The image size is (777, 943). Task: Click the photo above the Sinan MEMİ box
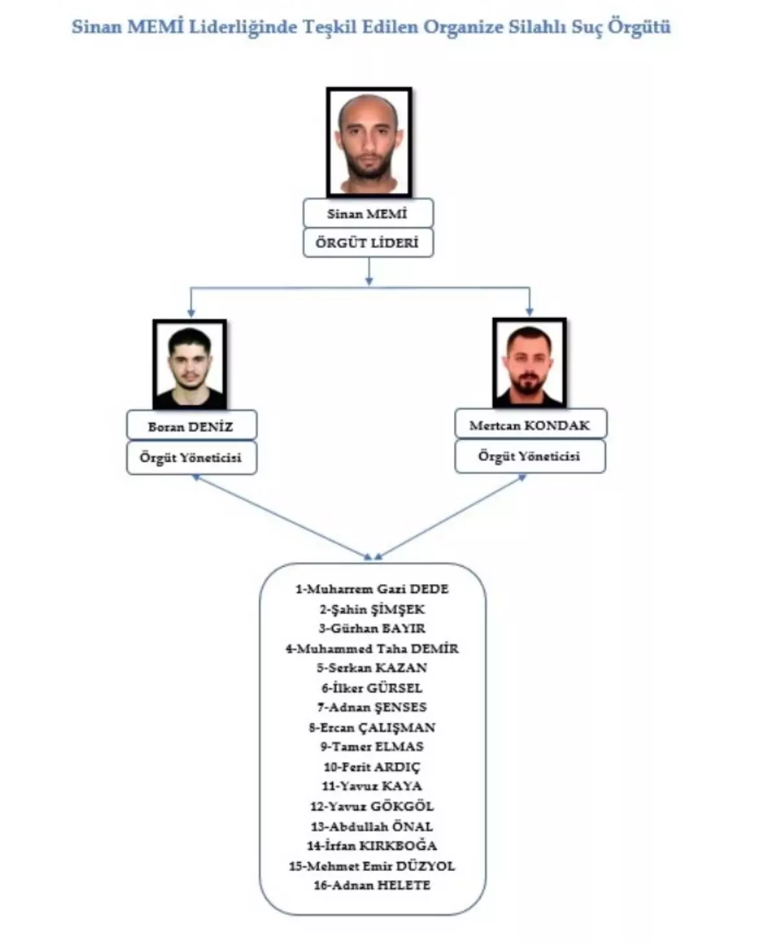(x=369, y=142)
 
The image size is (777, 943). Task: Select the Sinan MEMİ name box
(x=368, y=213)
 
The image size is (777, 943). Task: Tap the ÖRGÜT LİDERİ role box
(x=368, y=244)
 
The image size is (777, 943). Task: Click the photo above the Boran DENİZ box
(x=190, y=364)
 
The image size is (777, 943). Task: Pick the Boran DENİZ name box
(x=192, y=426)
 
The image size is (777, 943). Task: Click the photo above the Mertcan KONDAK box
(x=529, y=363)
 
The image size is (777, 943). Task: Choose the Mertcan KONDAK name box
(x=530, y=425)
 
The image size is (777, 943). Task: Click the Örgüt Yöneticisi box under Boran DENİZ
(x=192, y=457)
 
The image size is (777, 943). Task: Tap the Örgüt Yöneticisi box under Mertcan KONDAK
(x=530, y=456)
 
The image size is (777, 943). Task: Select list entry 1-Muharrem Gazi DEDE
(x=372, y=589)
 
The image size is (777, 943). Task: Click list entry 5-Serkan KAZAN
(x=372, y=668)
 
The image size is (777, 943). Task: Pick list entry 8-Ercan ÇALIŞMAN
(x=372, y=727)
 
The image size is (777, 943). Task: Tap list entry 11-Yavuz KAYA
(x=372, y=786)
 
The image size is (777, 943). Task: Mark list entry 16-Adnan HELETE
(x=372, y=885)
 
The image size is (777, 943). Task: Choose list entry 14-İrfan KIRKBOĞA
(x=372, y=846)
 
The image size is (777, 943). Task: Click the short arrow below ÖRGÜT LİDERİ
(x=369, y=271)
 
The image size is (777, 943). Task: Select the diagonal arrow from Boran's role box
(x=282, y=516)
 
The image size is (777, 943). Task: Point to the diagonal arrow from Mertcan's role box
(x=451, y=516)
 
